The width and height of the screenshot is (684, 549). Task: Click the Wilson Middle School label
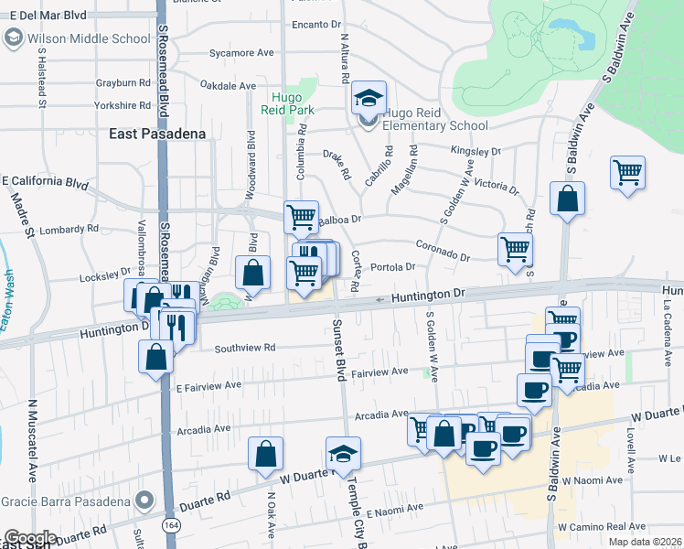pyautogui.click(x=89, y=38)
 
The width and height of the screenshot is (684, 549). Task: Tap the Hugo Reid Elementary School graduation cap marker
pyautogui.click(x=369, y=98)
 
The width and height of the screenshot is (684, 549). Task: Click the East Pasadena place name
pyautogui.click(x=155, y=134)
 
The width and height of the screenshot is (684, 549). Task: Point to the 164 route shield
pyautogui.click(x=171, y=525)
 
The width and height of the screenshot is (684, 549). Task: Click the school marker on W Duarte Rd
pyautogui.click(x=344, y=453)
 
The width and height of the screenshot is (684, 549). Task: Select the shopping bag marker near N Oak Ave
pyautogui.click(x=265, y=453)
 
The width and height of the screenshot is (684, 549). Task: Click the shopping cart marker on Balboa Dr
pyautogui.click(x=301, y=217)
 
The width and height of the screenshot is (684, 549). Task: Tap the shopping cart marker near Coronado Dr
pyautogui.click(x=516, y=248)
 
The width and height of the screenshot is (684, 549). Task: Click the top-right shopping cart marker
pyautogui.click(x=627, y=172)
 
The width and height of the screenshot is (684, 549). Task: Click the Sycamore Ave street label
pyautogui.click(x=241, y=53)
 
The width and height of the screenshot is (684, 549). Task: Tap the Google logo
pyautogui.click(x=29, y=538)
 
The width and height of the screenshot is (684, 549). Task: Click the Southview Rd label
pyautogui.click(x=244, y=348)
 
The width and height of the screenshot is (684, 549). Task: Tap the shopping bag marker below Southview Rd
pyautogui.click(x=156, y=356)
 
